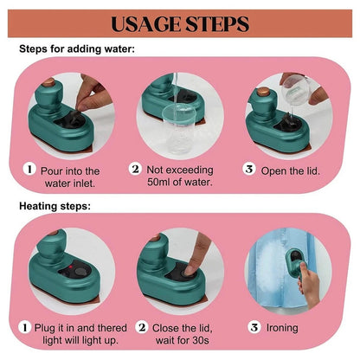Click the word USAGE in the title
[146, 24]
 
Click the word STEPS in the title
[217, 24]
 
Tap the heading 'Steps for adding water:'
[77, 48]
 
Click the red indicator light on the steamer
[70, 267]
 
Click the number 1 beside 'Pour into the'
[29, 169]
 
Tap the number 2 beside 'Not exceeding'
[135, 169]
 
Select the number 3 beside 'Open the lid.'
[249, 169]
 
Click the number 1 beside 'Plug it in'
[25, 327]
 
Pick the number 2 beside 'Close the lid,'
[142, 327]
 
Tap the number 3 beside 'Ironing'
[254, 327]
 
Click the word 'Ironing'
[282, 328]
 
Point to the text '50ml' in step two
[158, 182]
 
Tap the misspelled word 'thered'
[112, 328]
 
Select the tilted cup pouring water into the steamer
[296, 88]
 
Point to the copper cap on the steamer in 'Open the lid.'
[263, 92]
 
